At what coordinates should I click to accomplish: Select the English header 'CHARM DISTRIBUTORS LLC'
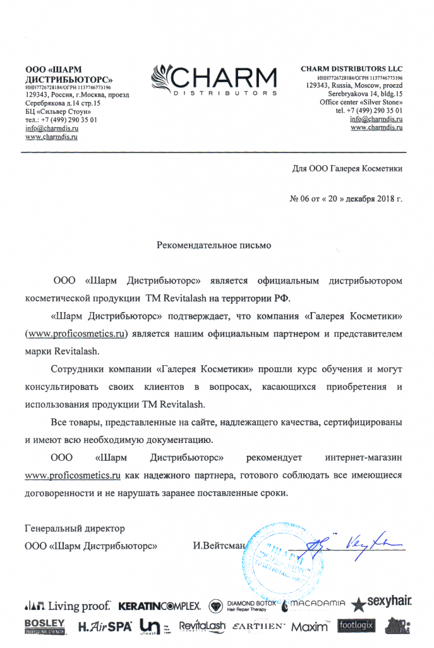(351, 69)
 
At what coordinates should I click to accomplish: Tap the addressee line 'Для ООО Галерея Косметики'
(347, 169)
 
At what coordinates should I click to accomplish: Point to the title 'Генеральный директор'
(75, 528)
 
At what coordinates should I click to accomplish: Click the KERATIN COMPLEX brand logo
(160, 606)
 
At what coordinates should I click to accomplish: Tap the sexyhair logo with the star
(382, 603)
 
